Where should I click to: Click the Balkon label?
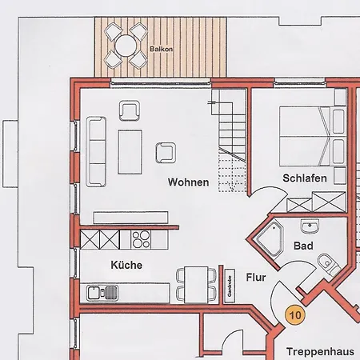158,49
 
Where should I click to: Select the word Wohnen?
188,182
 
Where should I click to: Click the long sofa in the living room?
96,150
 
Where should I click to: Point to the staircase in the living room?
230,136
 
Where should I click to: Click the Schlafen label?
304,178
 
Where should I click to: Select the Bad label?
303,246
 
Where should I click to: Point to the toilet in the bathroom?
327,262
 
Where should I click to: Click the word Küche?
126,265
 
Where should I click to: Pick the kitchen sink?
102,293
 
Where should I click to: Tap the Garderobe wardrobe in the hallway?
229,285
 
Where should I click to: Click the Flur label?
255,278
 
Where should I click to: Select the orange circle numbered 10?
295,314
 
